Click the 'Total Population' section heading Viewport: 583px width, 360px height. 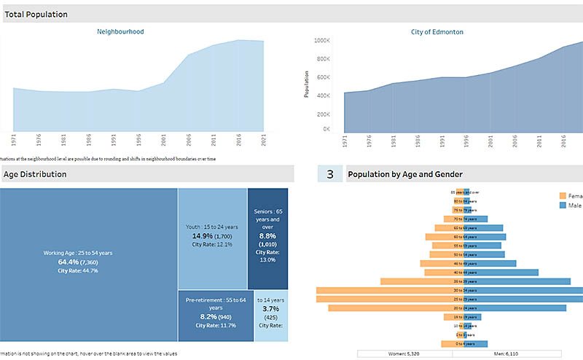click(36, 14)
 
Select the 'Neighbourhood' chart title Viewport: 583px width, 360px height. click(120, 32)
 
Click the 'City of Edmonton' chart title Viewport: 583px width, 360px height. click(437, 32)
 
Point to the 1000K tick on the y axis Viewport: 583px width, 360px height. click(321, 41)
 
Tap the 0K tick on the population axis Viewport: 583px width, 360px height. click(326, 129)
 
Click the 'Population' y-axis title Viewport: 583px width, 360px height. click(308, 85)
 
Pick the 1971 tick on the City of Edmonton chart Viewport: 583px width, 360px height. click(344, 140)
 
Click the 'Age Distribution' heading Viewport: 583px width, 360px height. click(35, 174)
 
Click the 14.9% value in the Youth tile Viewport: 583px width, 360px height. click(202, 237)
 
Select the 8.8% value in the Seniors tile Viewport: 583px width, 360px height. click(267, 235)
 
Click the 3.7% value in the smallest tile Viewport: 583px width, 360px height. click(270, 308)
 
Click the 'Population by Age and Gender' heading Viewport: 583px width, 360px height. click(405, 174)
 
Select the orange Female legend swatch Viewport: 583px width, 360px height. click(562, 195)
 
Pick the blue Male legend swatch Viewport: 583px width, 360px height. click(562, 206)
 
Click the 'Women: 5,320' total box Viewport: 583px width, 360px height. click(404, 354)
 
